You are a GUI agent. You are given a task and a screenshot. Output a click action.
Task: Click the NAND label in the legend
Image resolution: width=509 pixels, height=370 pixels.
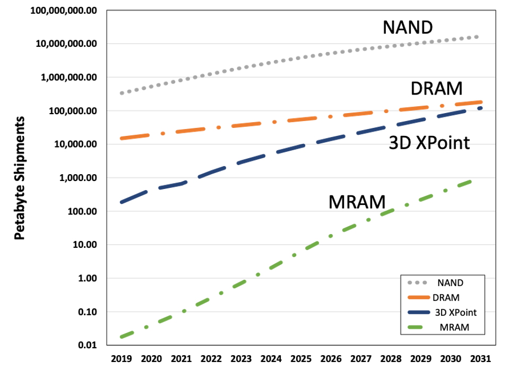click(x=450, y=282)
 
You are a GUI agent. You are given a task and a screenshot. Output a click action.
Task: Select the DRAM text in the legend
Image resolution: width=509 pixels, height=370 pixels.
click(x=446, y=297)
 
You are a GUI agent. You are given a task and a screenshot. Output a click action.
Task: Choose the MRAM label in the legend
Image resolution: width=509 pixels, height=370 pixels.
click(x=454, y=328)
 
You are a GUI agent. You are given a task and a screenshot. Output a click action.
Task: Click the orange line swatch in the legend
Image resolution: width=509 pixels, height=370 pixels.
click(x=418, y=297)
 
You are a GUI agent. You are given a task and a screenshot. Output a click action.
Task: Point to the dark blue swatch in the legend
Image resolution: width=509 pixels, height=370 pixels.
click(x=418, y=312)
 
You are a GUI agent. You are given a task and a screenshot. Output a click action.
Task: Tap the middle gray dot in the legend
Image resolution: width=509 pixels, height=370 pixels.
click(x=416, y=282)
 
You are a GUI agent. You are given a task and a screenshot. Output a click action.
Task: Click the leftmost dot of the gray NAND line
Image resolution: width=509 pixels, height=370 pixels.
click(x=122, y=93)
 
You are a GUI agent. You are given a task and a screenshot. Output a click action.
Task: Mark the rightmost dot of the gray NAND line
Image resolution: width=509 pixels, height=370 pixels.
click(x=477, y=37)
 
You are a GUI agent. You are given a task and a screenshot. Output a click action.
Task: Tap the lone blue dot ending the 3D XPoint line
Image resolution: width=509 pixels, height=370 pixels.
click(x=480, y=108)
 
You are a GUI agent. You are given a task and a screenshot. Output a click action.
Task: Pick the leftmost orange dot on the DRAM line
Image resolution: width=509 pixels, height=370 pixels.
click(x=163, y=133)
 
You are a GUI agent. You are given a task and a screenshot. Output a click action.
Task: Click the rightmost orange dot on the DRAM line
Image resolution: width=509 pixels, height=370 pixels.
click(x=442, y=106)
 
